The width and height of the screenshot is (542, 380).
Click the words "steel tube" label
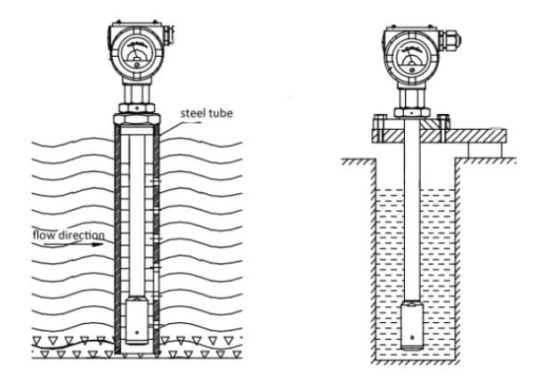coord(206,113)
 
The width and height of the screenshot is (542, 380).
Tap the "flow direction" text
coord(69,235)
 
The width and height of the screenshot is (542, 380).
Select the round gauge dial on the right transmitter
coord(412,56)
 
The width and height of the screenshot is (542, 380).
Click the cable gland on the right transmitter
coord(451,39)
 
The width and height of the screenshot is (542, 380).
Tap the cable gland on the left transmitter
coord(168,34)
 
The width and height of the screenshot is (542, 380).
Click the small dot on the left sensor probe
coord(137,333)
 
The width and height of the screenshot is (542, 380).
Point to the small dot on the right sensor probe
coord(412,337)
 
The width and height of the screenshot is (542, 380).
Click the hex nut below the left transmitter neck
coord(137,108)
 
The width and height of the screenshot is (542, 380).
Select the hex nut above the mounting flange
coord(412,112)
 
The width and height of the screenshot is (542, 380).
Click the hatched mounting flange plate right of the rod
coord(464,135)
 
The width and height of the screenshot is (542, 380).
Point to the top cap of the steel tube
coord(137,118)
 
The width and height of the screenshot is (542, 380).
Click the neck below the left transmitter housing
coord(137,93)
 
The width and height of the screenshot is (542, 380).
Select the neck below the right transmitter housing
coord(412,98)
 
